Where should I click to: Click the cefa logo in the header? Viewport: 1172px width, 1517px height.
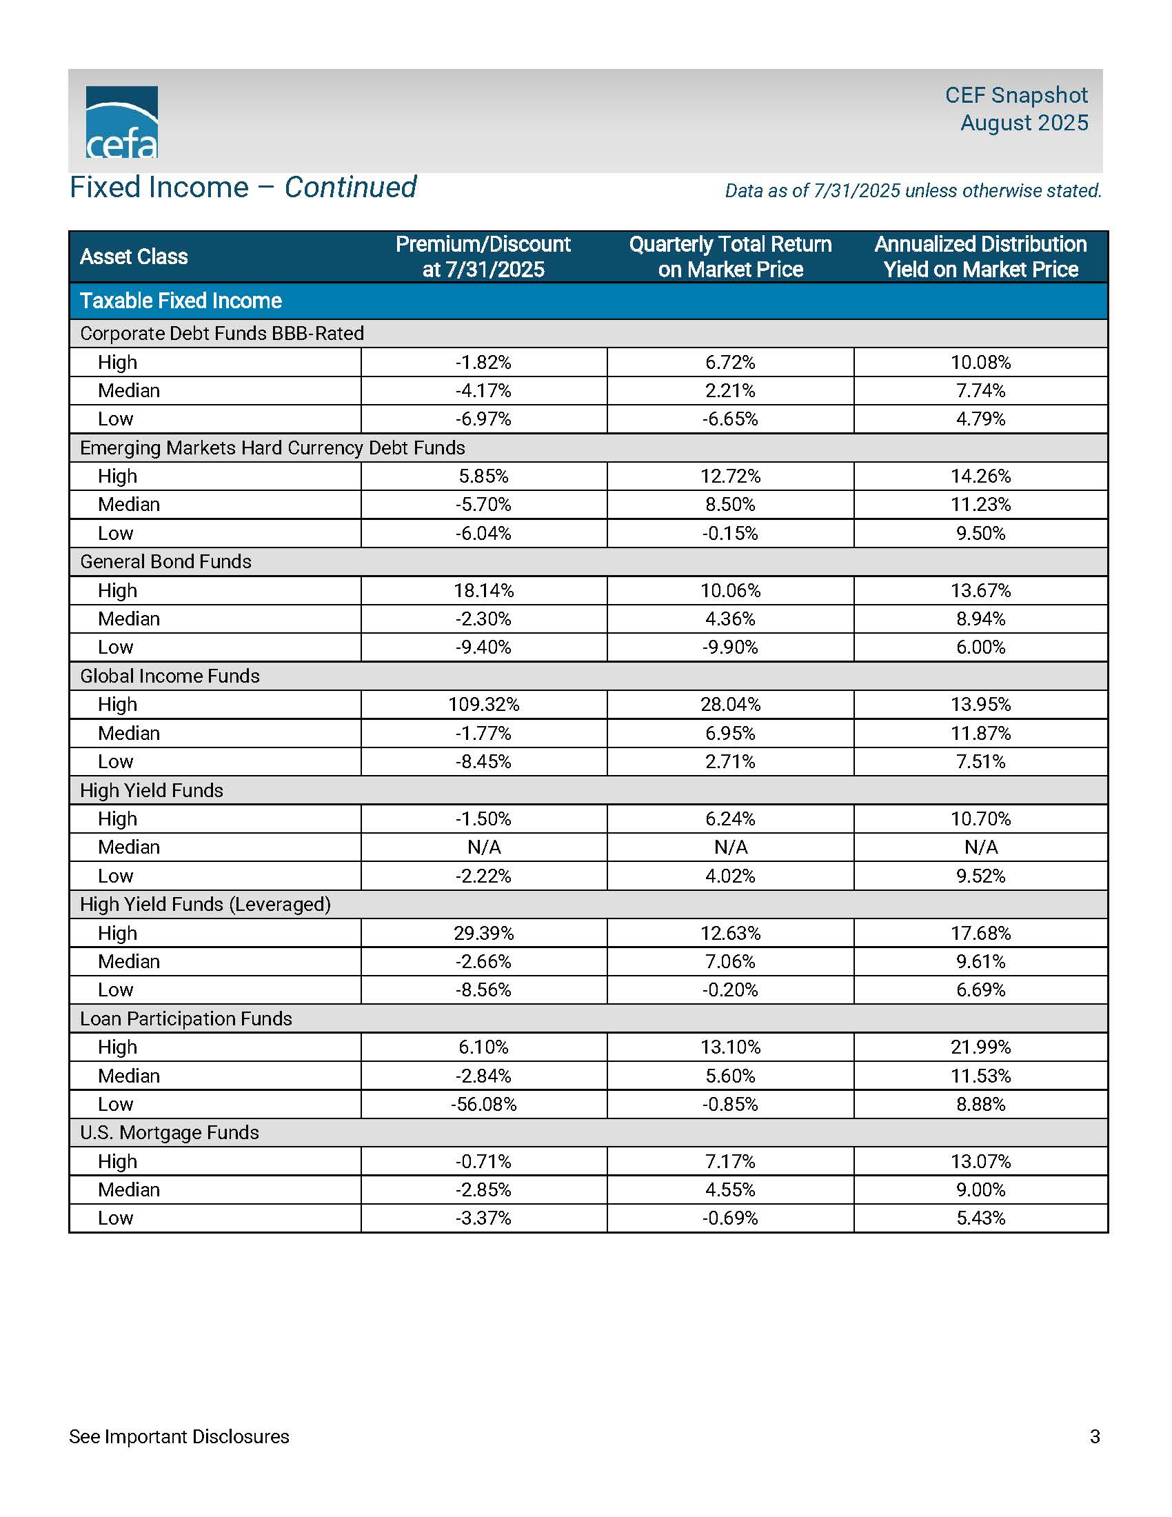(121, 122)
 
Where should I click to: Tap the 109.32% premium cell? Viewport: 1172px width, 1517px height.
(483, 704)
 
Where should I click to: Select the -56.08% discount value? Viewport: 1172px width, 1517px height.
(483, 1104)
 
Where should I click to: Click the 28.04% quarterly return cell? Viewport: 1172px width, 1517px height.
(729, 704)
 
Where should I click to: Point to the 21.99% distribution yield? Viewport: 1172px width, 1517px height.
(980, 1047)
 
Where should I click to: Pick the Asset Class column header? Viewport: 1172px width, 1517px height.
(134, 257)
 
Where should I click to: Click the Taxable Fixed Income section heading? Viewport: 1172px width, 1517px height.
(181, 301)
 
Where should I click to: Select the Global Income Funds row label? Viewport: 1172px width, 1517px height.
(170, 676)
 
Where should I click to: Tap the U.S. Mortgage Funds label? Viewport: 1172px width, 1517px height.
(170, 1132)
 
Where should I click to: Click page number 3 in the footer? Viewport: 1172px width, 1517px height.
(1095, 1436)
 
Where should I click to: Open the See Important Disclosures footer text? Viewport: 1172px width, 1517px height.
(179, 1436)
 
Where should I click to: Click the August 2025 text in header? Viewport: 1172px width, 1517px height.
(1024, 123)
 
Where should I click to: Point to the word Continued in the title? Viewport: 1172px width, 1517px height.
(351, 188)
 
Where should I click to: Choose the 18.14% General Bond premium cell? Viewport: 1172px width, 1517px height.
(483, 590)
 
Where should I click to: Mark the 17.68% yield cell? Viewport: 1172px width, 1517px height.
(980, 933)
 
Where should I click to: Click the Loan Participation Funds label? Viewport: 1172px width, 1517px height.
(186, 1018)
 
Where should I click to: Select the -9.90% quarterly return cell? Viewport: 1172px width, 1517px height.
(729, 647)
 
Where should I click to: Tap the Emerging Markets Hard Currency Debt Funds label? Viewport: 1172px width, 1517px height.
(272, 448)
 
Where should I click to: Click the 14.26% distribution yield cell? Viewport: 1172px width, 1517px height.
(980, 476)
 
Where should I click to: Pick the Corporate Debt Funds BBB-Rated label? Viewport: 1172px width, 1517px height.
(222, 334)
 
